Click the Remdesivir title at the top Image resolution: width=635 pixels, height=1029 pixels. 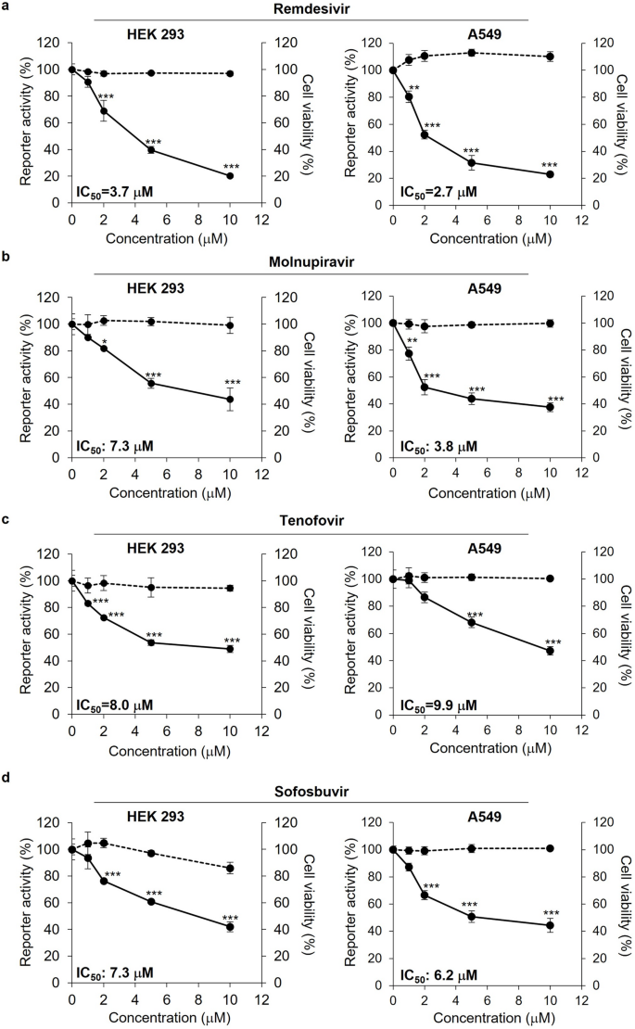point(317,7)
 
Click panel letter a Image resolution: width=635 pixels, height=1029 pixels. point(6,7)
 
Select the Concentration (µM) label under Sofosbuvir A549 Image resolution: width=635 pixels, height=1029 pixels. point(472,1019)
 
